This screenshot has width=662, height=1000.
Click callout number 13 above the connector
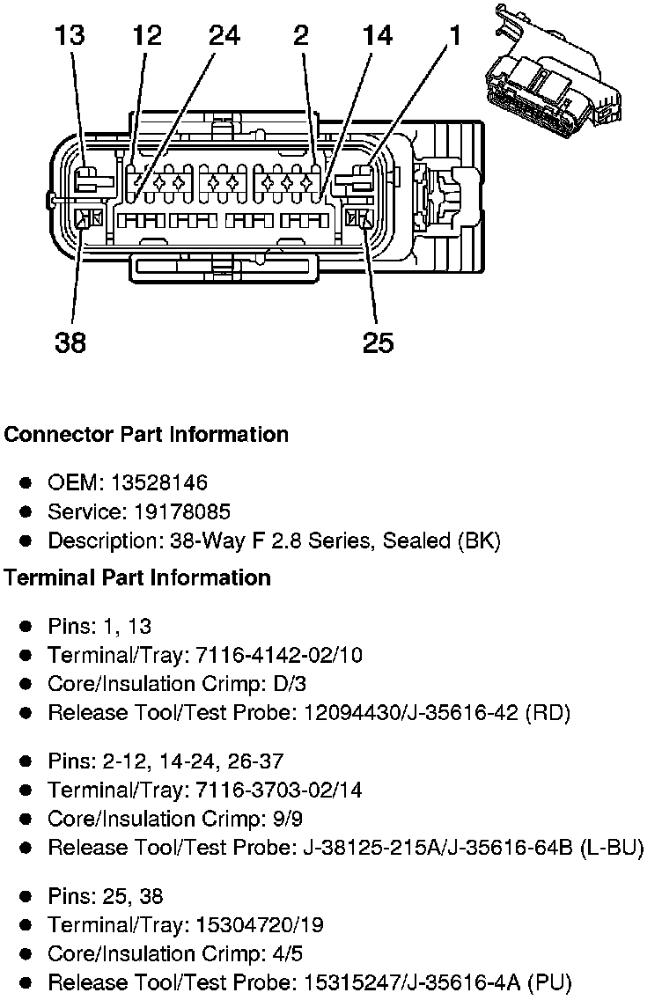pyautogui.click(x=70, y=36)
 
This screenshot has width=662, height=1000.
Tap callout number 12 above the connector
pyautogui.click(x=148, y=36)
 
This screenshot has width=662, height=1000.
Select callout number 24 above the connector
pyautogui.click(x=224, y=36)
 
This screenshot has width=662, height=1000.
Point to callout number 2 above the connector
pyautogui.click(x=300, y=36)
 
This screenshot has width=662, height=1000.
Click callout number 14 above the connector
pyautogui.click(x=378, y=36)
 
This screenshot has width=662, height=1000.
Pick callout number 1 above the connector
pyautogui.click(x=455, y=36)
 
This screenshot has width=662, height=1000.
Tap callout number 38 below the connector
pyautogui.click(x=70, y=342)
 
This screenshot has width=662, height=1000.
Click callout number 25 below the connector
pyautogui.click(x=379, y=342)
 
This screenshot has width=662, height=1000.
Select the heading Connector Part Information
pyautogui.click(x=146, y=435)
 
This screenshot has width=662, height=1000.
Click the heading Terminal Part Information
pyautogui.click(x=137, y=577)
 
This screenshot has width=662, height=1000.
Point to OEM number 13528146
pyautogui.click(x=159, y=483)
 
